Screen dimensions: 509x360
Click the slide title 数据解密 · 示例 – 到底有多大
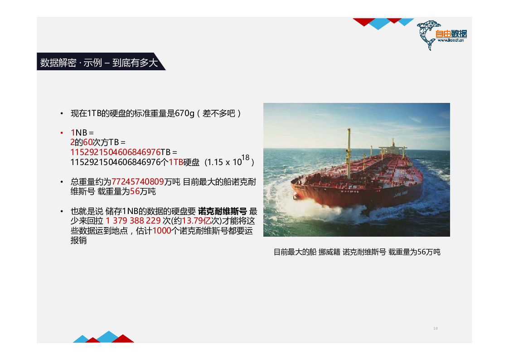click(x=99, y=62)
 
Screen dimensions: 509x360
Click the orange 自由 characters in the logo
click(x=443, y=34)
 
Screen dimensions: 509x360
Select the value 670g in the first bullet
click(x=184, y=113)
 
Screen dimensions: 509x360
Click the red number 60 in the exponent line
click(x=87, y=142)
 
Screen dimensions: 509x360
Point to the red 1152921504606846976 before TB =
click(x=115, y=152)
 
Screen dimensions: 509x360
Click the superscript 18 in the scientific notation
click(x=245, y=157)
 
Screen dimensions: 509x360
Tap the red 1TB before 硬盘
click(x=176, y=162)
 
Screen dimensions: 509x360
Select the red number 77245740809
click(x=137, y=181)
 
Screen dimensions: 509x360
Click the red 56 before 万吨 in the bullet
click(x=135, y=191)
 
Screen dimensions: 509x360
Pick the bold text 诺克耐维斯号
click(x=223, y=211)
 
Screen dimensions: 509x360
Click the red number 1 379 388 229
click(x=133, y=221)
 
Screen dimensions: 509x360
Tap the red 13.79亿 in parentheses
click(x=196, y=221)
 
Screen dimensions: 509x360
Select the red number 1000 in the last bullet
click(x=162, y=231)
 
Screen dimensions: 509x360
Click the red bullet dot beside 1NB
click(x=62, y=133)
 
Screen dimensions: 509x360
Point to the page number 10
click(x=435, y=329)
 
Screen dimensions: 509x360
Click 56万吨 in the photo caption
click(x=428, y=252)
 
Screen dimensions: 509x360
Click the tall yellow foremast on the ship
click(x=349, y=153)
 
